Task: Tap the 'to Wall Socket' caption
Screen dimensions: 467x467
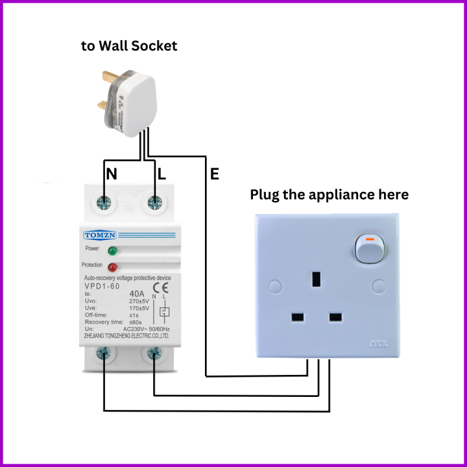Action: [129, 46]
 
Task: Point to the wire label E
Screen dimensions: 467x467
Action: [214, 174]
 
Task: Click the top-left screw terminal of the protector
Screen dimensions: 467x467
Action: [104, 202]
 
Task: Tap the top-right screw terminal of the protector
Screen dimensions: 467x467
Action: [155, 202]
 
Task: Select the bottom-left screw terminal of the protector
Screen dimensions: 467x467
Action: [104, 354]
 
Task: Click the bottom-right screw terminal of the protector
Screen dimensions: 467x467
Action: [154, 354]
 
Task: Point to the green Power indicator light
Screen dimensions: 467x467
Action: [112, 250]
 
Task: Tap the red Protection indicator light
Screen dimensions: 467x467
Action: [112, 267]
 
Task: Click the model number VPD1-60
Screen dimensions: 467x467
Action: [102, 286]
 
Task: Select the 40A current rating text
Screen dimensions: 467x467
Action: [138, 293]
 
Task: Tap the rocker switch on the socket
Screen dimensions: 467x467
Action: [368, 247]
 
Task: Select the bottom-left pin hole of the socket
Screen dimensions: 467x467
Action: [298, 318]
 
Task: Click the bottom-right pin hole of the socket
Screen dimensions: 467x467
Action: [335, 318]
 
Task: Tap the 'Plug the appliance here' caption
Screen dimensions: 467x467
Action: [329, 195]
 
